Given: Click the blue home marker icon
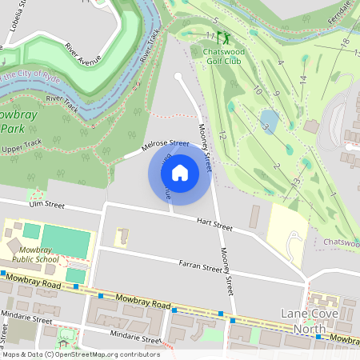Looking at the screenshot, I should coord(180,172).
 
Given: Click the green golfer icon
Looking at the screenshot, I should coord(223,37).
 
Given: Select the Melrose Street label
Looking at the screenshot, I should coord(165,146).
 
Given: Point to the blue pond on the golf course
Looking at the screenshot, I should coord(270,121).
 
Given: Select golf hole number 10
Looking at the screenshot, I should coord(257,91).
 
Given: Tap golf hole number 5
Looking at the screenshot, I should coord(215,19).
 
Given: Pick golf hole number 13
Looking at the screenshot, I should coord(296,182).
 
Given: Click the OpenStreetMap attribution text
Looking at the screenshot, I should coord(80,354).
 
